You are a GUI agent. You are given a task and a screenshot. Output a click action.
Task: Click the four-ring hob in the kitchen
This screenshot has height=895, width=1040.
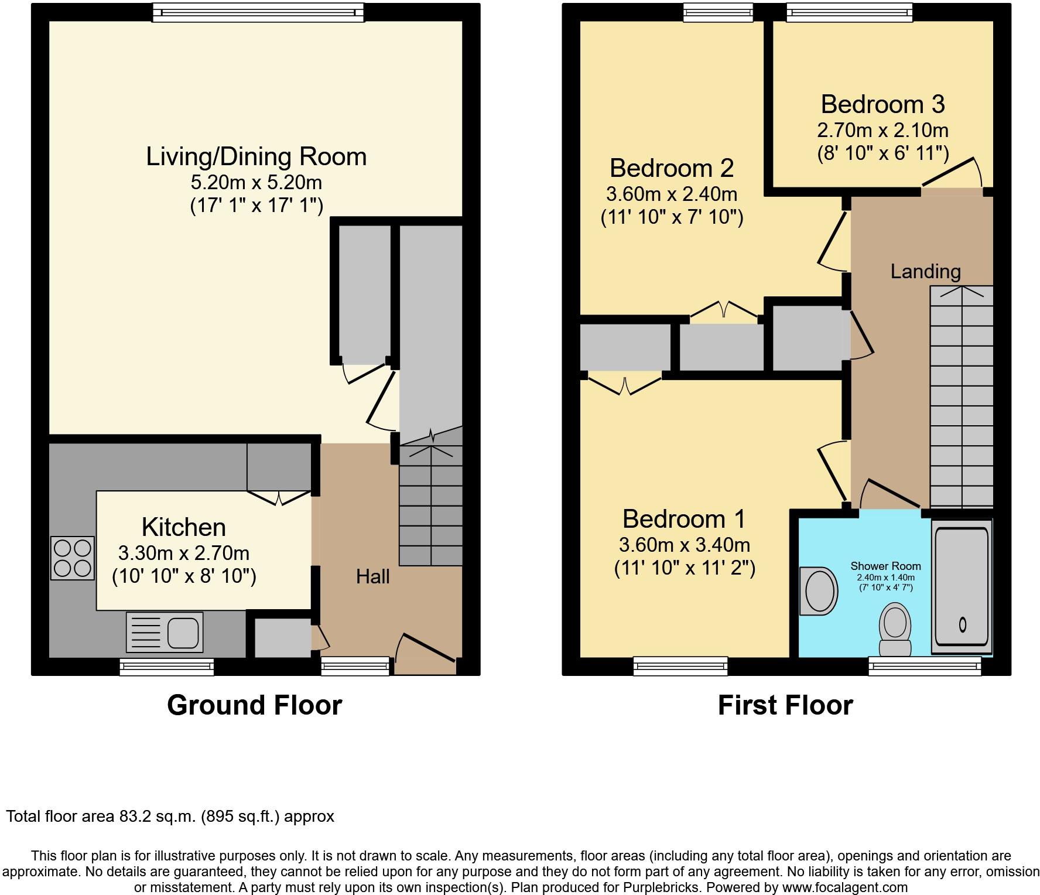point(73,558)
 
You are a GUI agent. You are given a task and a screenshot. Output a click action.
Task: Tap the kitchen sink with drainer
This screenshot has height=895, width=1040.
point(165,632)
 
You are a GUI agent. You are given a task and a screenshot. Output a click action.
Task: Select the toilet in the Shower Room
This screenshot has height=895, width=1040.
point(895,630)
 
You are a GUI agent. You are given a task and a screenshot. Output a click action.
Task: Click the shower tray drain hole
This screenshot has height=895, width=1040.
point(962,625)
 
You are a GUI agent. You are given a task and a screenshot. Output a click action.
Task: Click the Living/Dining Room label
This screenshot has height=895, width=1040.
point(256,156)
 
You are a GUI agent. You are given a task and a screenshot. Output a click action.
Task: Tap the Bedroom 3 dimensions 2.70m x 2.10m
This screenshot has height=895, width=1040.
point(882,130)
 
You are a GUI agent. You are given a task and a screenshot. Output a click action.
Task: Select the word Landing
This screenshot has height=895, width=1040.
point(926,271)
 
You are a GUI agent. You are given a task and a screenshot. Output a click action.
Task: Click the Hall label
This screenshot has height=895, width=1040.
point(373,577)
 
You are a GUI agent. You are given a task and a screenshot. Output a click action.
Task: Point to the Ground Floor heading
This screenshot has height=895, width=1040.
point(255,705)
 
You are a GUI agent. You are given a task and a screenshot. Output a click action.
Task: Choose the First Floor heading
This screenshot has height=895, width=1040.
point(785,705)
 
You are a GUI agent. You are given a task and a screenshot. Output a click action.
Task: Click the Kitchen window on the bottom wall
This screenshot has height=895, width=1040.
point(167,667)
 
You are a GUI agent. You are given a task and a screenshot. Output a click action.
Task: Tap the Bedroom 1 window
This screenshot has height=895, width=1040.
point(680,666)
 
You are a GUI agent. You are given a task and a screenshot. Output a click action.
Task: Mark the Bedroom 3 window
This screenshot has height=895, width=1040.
point(849,12)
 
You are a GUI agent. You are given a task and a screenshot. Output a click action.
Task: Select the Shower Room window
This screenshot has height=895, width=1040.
point(925,666)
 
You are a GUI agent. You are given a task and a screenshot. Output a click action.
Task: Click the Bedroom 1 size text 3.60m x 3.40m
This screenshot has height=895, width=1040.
point(685,545)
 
